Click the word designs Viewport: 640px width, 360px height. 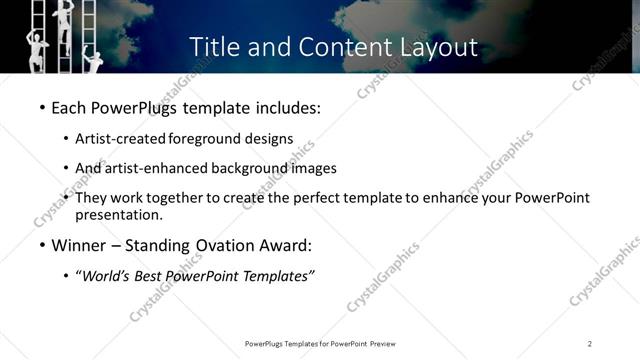[x=271, y=139]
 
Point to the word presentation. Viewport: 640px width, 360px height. [x=119, y=215]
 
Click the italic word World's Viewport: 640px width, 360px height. [x=111, y=276]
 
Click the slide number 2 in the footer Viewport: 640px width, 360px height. [x=589, y=344]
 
